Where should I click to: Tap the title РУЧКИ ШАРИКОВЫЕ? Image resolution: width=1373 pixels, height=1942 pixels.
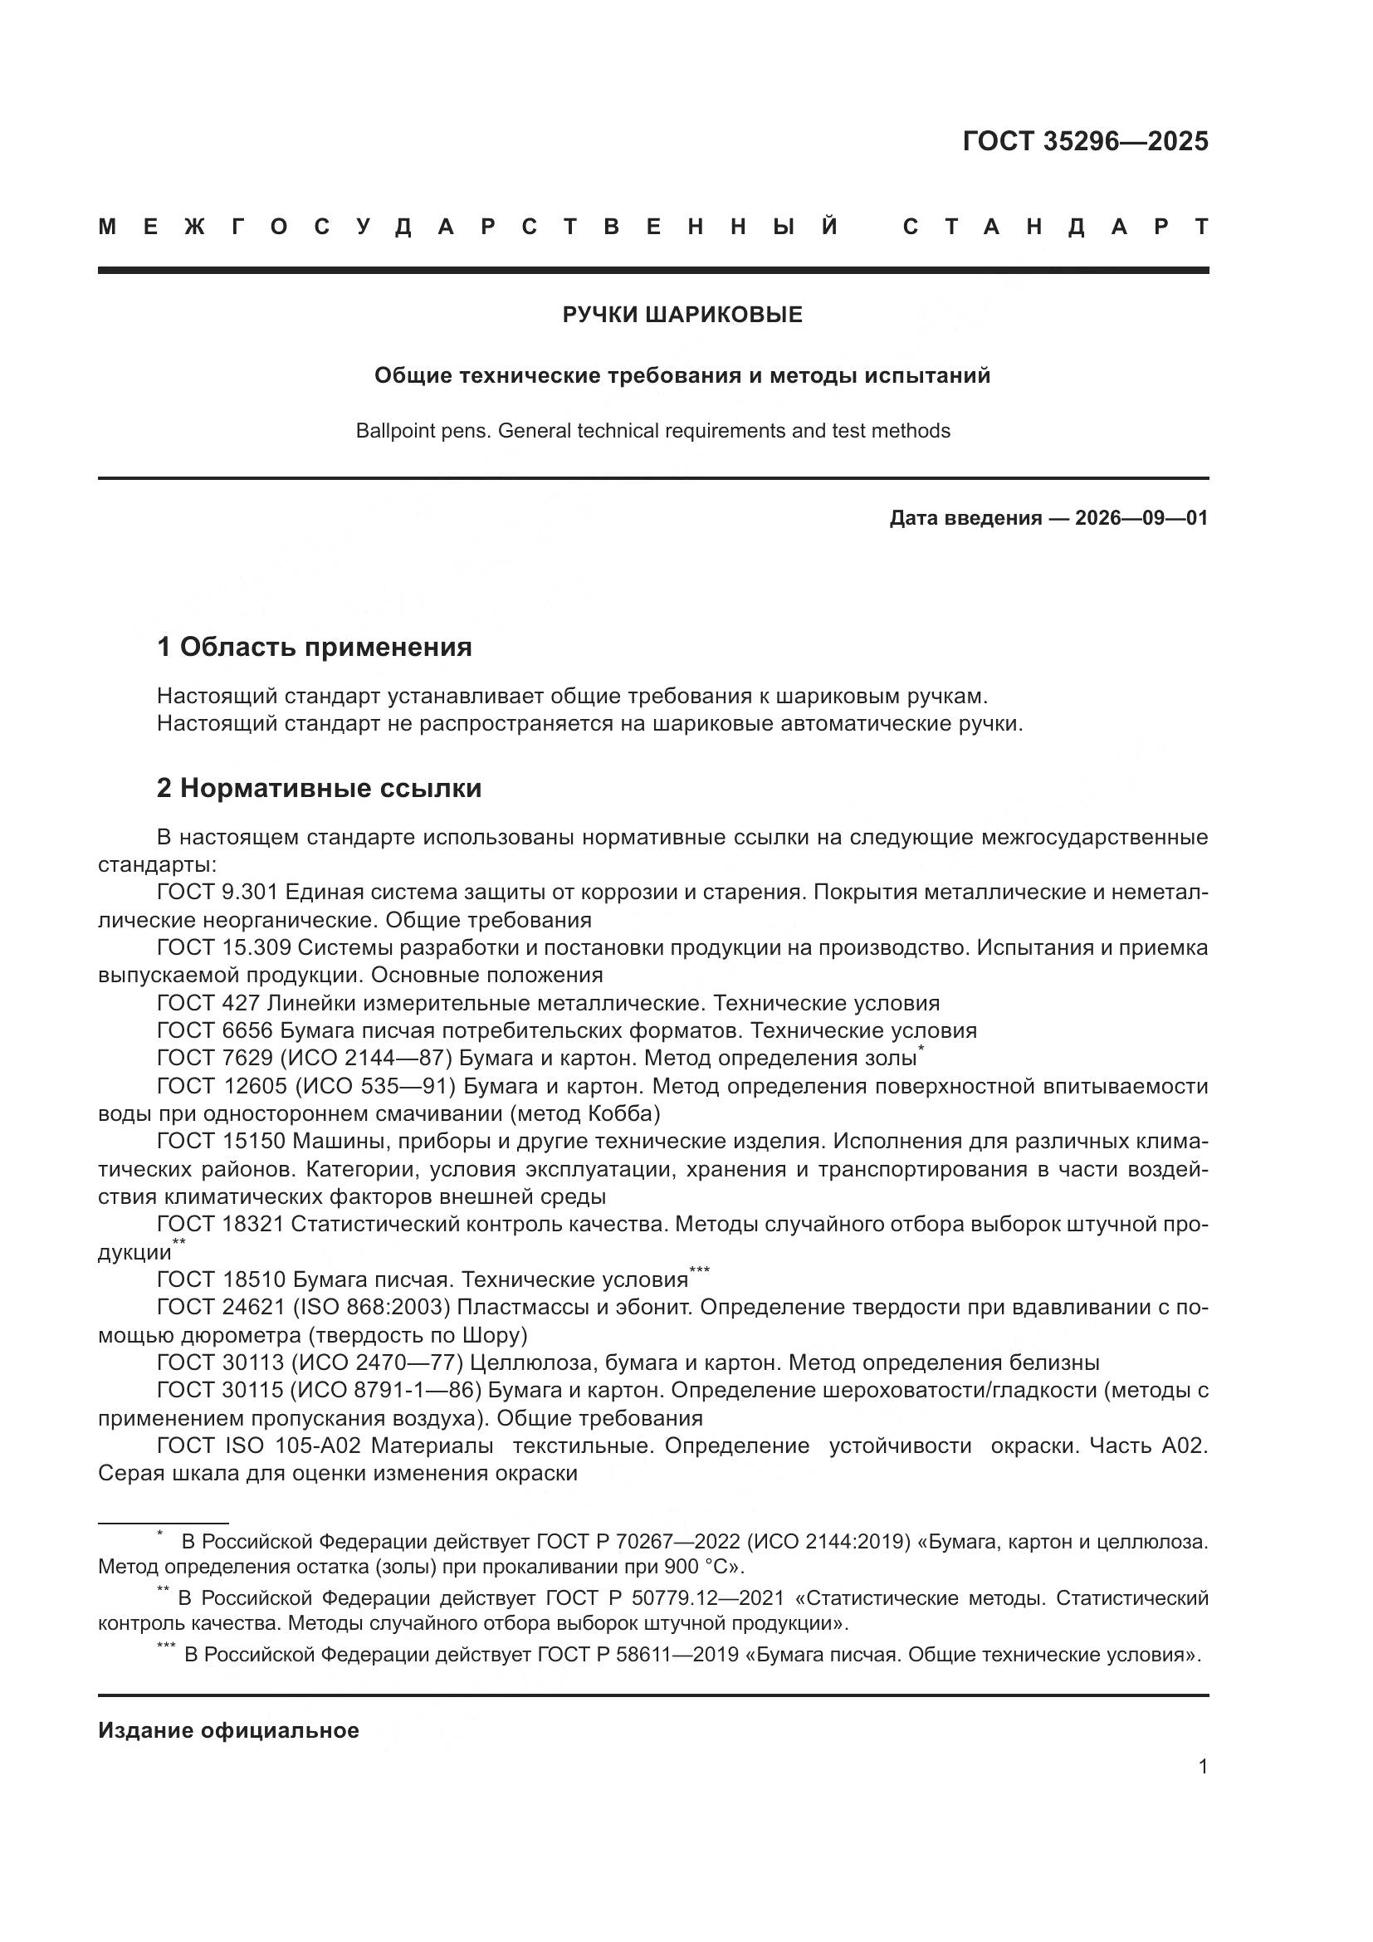682,316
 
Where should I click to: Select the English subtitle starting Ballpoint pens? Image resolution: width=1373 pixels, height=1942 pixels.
652,432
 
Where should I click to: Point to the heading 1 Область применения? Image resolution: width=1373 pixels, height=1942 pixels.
314,648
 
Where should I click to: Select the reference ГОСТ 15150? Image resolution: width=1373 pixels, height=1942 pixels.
221,1142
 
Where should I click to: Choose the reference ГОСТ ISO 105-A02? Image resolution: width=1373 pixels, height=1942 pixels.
258,1445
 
